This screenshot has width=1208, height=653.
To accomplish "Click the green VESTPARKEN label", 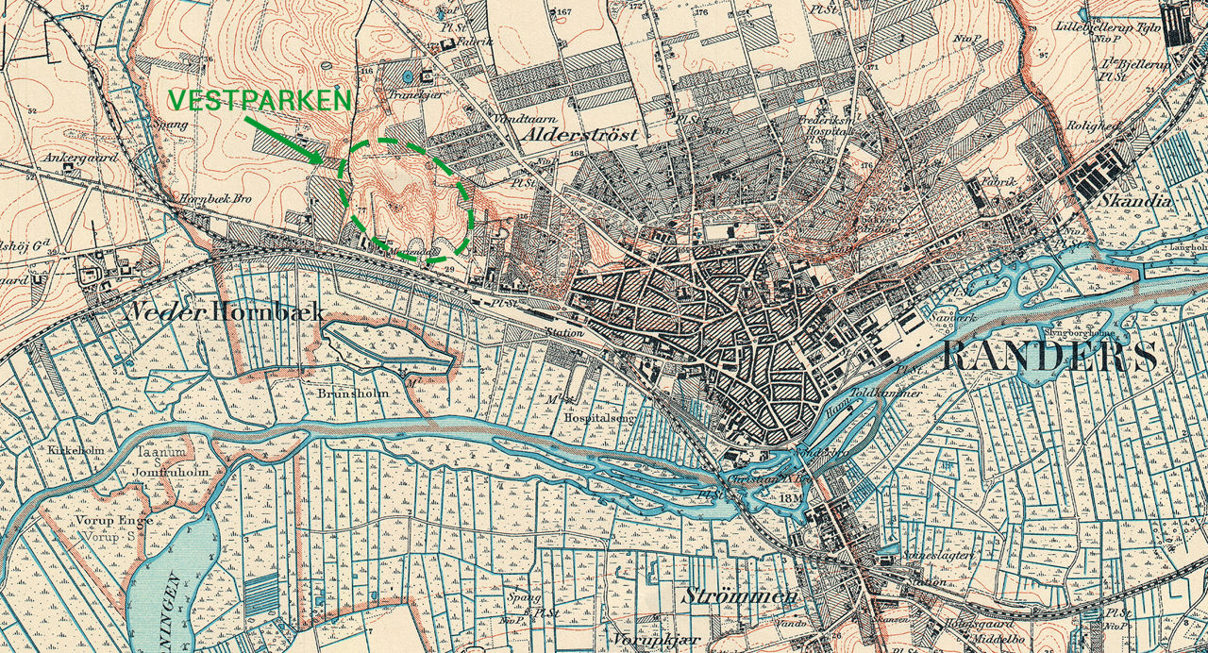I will (x=260, y=101).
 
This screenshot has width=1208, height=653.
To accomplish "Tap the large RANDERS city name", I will (x=1049, y=358).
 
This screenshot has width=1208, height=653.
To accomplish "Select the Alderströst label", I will (x=579, y=135).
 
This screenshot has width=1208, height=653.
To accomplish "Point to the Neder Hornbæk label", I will (x=226, y=312).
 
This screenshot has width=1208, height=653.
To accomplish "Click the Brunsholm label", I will (x=353, y=393).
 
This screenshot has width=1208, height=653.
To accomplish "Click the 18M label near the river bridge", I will (x=790, y=497).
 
